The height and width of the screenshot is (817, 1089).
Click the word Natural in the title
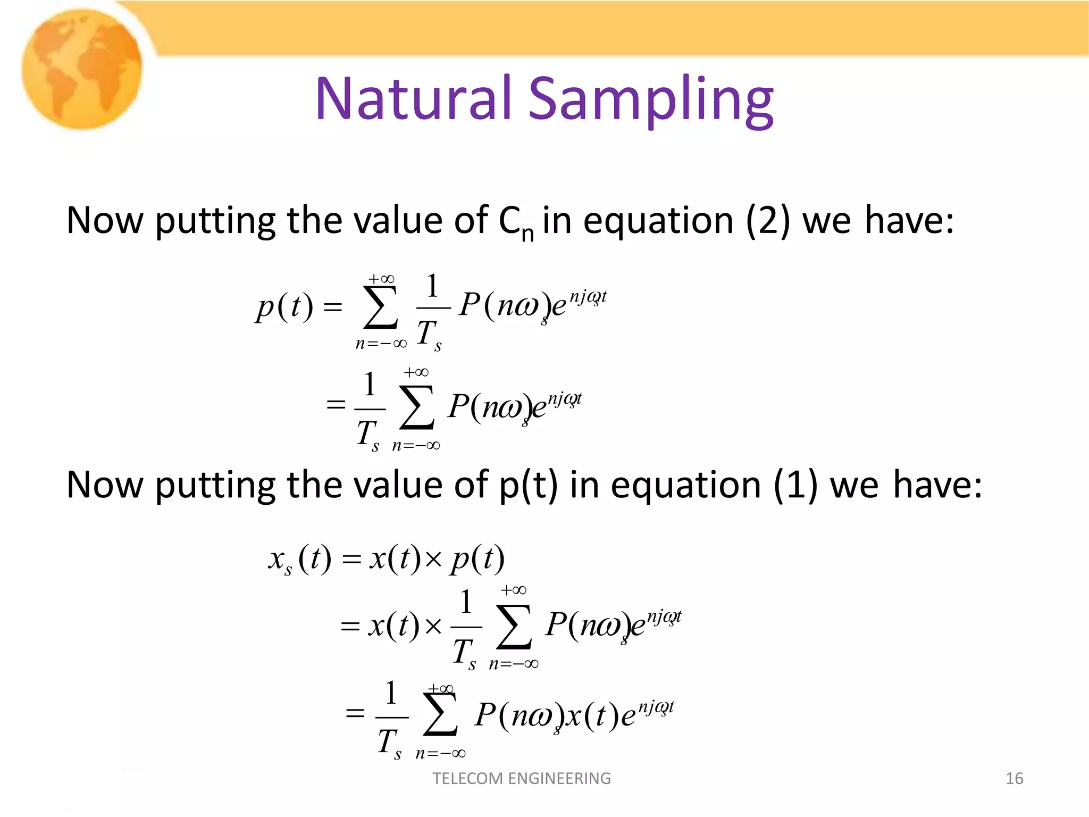(x=413, y=98)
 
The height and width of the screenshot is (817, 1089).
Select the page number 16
(x=1014, y=778)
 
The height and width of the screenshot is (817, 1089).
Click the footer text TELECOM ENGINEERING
(x=522, y=778)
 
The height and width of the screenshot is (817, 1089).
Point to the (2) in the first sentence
(x=768, y=220)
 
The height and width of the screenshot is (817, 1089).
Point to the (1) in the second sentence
(x=795, y=485)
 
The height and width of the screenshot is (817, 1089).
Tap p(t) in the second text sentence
(x=529, y=485)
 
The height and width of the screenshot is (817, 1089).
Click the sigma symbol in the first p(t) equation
(x=381, y=308)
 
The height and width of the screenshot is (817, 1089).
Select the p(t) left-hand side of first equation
(x=284, y=307)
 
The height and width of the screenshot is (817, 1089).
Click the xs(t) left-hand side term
(x=299, y=560)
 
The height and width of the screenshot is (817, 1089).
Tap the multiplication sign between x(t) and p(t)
(x=434, y=559)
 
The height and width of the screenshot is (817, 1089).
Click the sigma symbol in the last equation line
(x=441, y=714)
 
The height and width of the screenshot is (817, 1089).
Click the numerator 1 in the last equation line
(x=391, y=693)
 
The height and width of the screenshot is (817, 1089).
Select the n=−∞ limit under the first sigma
(x=381, y=344)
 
